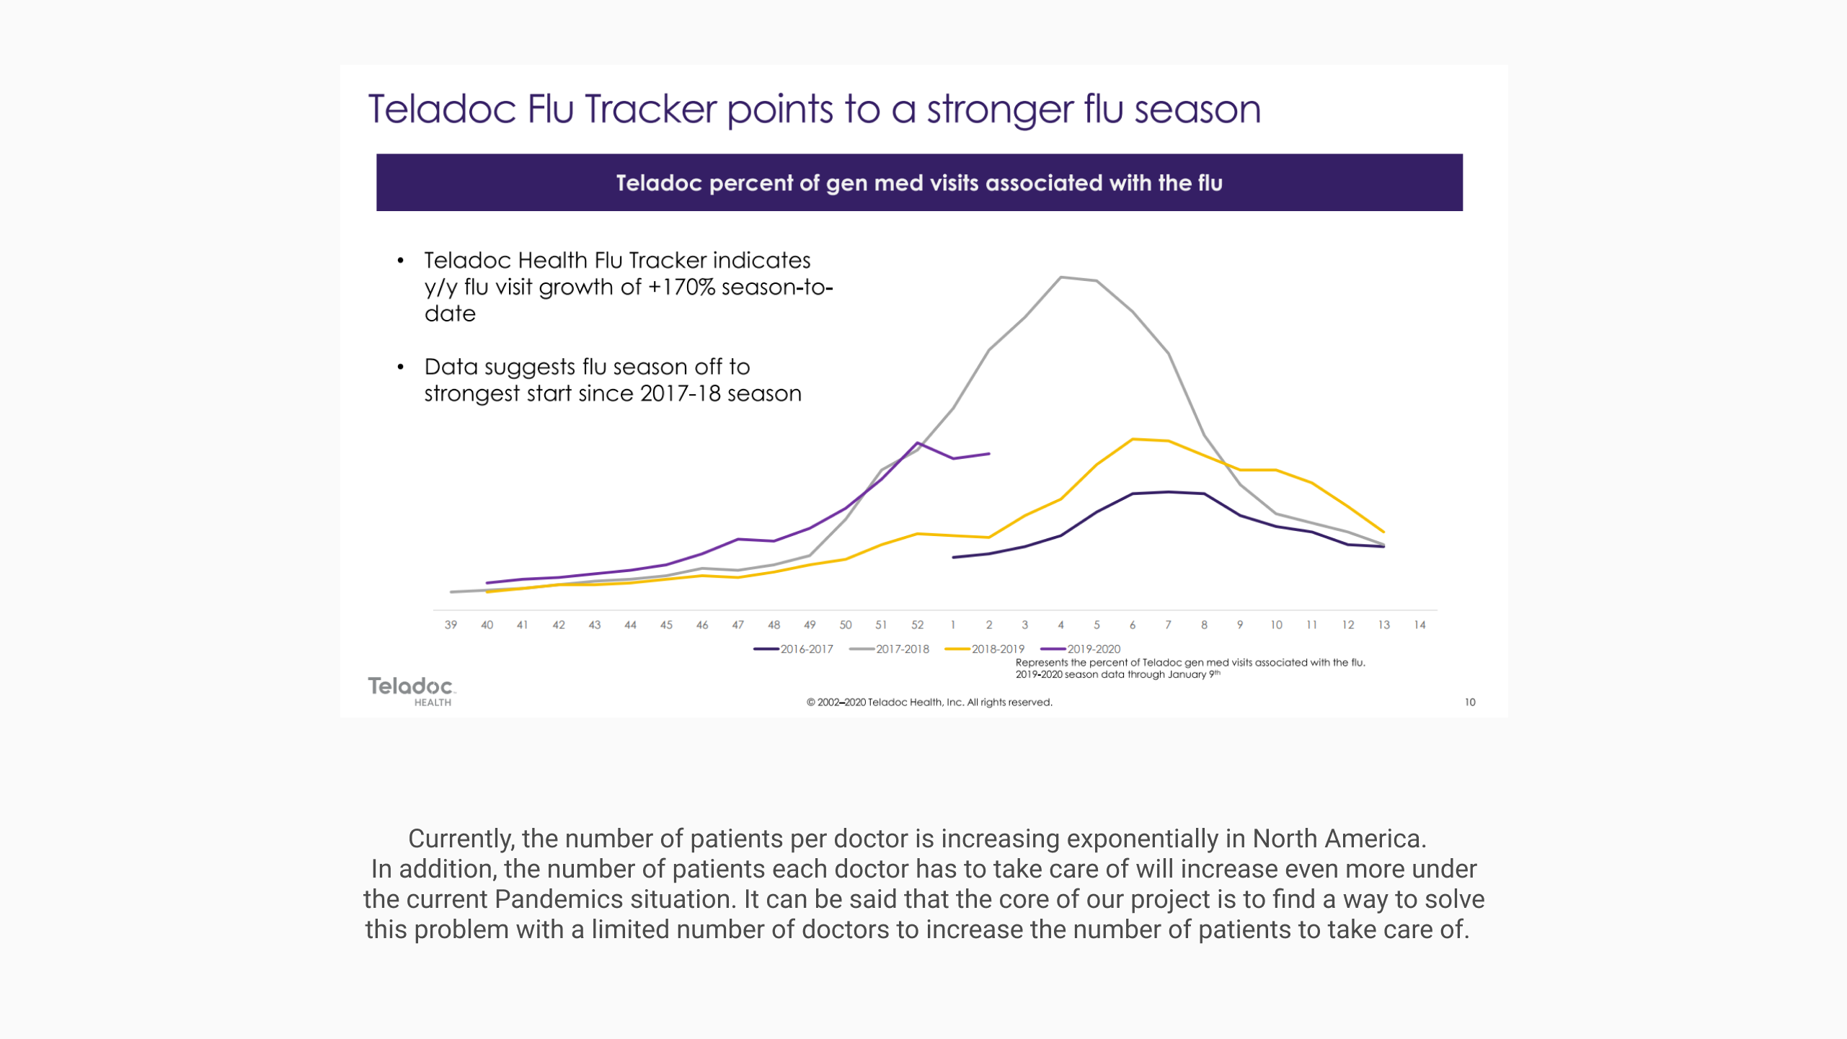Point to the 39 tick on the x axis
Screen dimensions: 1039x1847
(451, 625)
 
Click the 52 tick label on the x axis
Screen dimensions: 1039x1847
(917, 625)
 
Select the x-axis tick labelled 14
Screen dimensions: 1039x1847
(1419, 625)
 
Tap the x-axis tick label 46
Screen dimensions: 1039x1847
(702, 625)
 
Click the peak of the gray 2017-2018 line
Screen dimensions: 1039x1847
(1061, 277)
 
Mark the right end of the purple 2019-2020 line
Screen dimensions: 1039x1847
(989, 454)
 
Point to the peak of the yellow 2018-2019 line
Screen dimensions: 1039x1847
(1133, 440)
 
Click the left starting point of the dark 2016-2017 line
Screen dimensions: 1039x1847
(954, 558)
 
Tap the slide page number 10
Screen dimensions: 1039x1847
(1470, 703)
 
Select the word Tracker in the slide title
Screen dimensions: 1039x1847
(651, 110)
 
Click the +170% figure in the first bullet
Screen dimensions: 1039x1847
(681, 287)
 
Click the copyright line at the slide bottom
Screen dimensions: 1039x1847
(929, 703)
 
